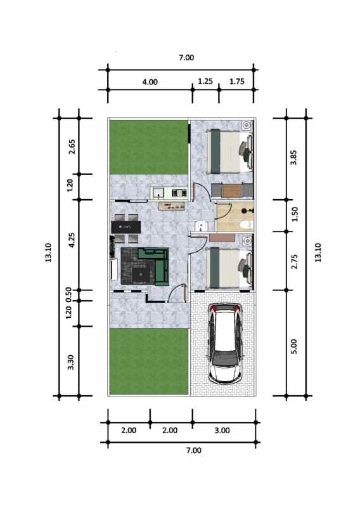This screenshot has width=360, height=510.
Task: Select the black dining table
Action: (x=126, y=226)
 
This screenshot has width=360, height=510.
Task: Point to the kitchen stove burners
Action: (x=177, y=192)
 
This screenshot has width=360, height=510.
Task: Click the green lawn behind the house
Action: (x=148, y=147)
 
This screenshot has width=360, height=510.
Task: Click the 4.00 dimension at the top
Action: (x=150, y=81)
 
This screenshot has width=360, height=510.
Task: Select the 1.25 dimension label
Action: (x=205, y=81)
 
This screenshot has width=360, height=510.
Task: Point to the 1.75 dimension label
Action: (x=237, y=81)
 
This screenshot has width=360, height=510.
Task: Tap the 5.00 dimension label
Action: (x=293, y=346)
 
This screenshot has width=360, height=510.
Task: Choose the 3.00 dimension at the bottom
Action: (x=222, y=430)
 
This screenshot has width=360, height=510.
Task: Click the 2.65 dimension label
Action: (x=71, y=147)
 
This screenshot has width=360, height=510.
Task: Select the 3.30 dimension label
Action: (x=71, y=362)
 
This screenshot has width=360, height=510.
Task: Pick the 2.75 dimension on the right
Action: (x=293, y=261)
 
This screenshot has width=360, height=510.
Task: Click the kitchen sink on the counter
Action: (x=157, y=192)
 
